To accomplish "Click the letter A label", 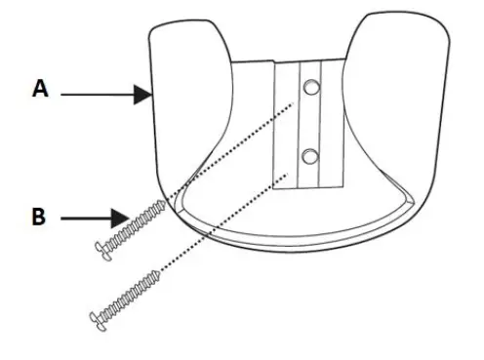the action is pos(40,89).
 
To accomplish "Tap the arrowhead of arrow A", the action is pos(143,95).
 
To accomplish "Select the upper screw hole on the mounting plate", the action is pos(310,88).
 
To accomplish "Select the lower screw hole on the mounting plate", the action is pos(309,155).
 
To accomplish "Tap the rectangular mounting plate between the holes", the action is pos(309,122).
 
